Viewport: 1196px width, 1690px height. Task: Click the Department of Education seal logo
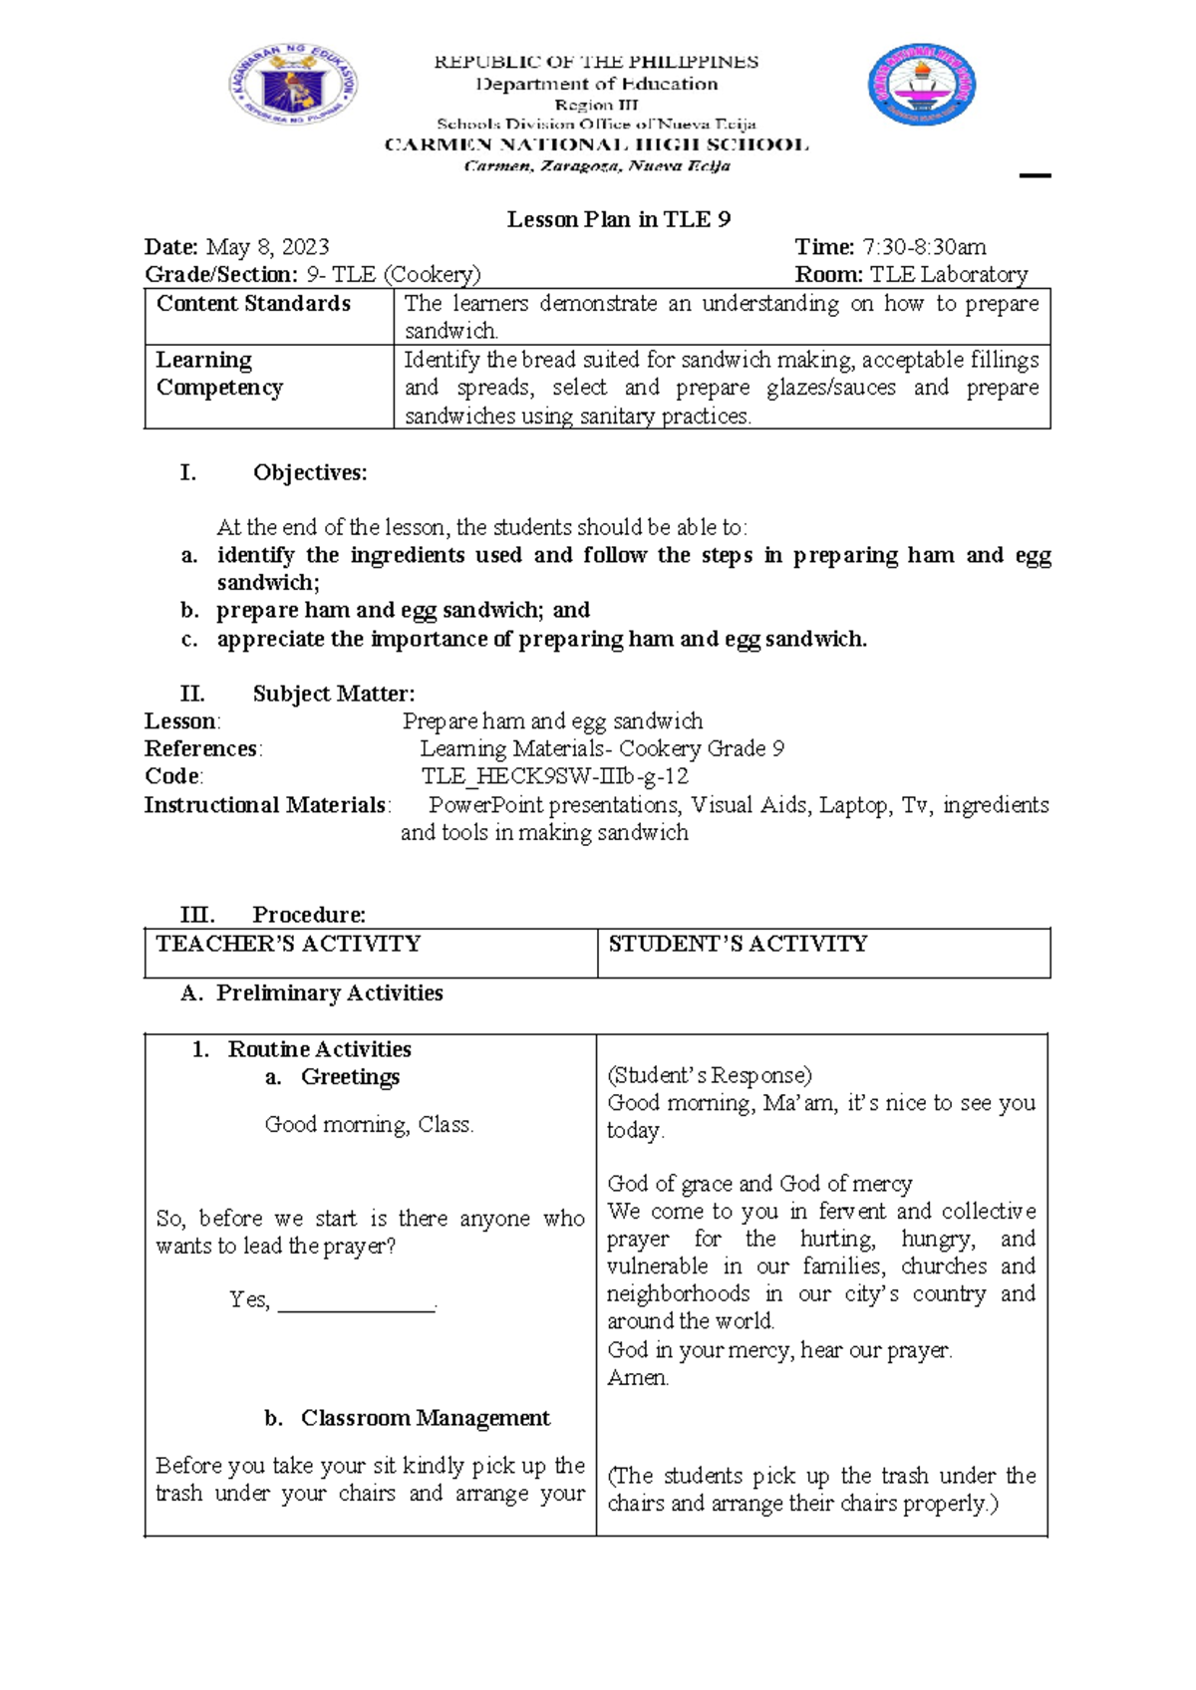click(x=293, y=85)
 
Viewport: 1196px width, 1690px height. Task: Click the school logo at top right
click(x=922, y=85)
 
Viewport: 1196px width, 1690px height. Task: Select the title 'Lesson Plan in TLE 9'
click(x=619, y=219)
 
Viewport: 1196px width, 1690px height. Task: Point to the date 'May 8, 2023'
click(x=267, y=247)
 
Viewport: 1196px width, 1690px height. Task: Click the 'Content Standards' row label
click(x=253, y=304)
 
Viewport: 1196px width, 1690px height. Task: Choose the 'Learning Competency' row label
click(x=219, y=374)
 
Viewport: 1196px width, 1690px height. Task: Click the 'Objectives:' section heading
click(x=309, y=473)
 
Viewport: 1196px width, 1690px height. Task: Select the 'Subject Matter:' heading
click(x=333, y=694)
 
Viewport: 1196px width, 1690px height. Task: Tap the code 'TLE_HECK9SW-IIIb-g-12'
click(x=555, y=776)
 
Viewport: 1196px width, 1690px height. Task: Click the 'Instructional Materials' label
click(x=265, y=805)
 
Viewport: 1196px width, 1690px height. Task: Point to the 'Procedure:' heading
click(x=309, y=915)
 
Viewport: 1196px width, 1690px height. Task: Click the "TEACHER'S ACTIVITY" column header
click(x=289, y=944)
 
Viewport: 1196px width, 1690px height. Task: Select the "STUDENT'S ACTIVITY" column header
click(x=738, y=944)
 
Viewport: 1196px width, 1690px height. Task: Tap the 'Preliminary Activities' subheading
click(x=329, y=993)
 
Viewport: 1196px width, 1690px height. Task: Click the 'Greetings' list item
click(x=350, y=1077)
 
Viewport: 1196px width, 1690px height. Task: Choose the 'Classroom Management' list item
click(x=425, y=1418)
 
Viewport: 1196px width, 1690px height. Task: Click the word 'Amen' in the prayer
click(x=637, y=1378)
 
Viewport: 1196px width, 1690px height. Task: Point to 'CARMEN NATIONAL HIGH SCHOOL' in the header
click(x=596, y=145)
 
